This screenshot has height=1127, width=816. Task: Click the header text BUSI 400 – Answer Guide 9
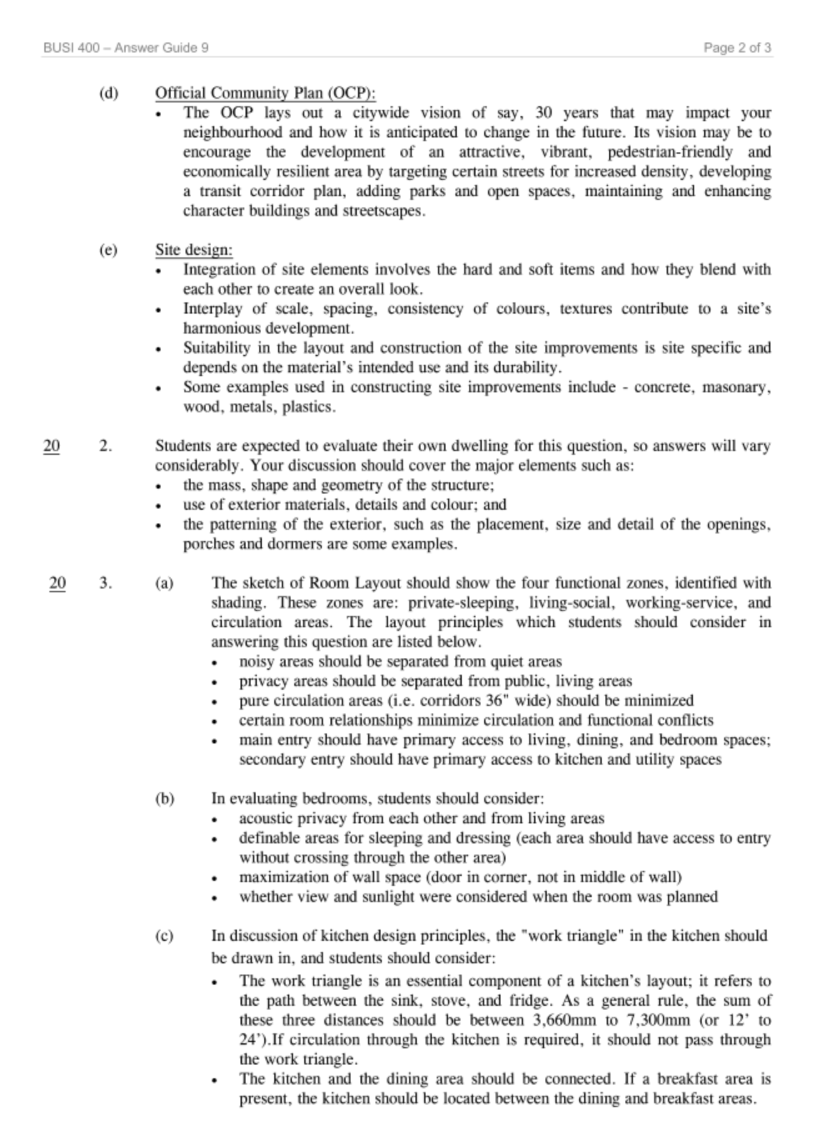coord(126,47)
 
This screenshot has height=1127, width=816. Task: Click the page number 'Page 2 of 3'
coord(737,47)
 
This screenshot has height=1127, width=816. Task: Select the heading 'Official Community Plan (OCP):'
coord(266,93)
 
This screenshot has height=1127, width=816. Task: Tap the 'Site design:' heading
coord(194,250)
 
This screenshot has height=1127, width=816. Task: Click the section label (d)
coord(108,93)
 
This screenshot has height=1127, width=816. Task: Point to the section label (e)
coord(108,250)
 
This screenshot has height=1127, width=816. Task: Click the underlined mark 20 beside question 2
coord(52,446)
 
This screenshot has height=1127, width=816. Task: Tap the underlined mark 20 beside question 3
coord(57,583)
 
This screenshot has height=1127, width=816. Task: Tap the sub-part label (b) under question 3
coord(164,798)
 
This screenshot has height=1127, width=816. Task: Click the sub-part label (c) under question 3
coord(164,936)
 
